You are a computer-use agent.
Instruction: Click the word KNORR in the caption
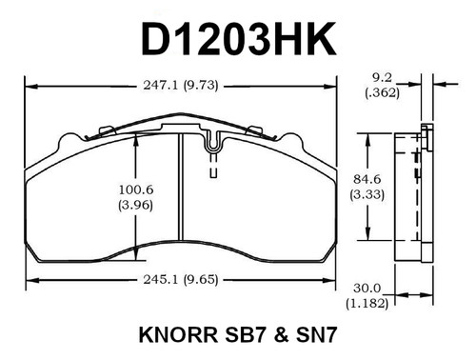point(176,336)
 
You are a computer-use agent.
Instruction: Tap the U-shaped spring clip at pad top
point(213,153)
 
